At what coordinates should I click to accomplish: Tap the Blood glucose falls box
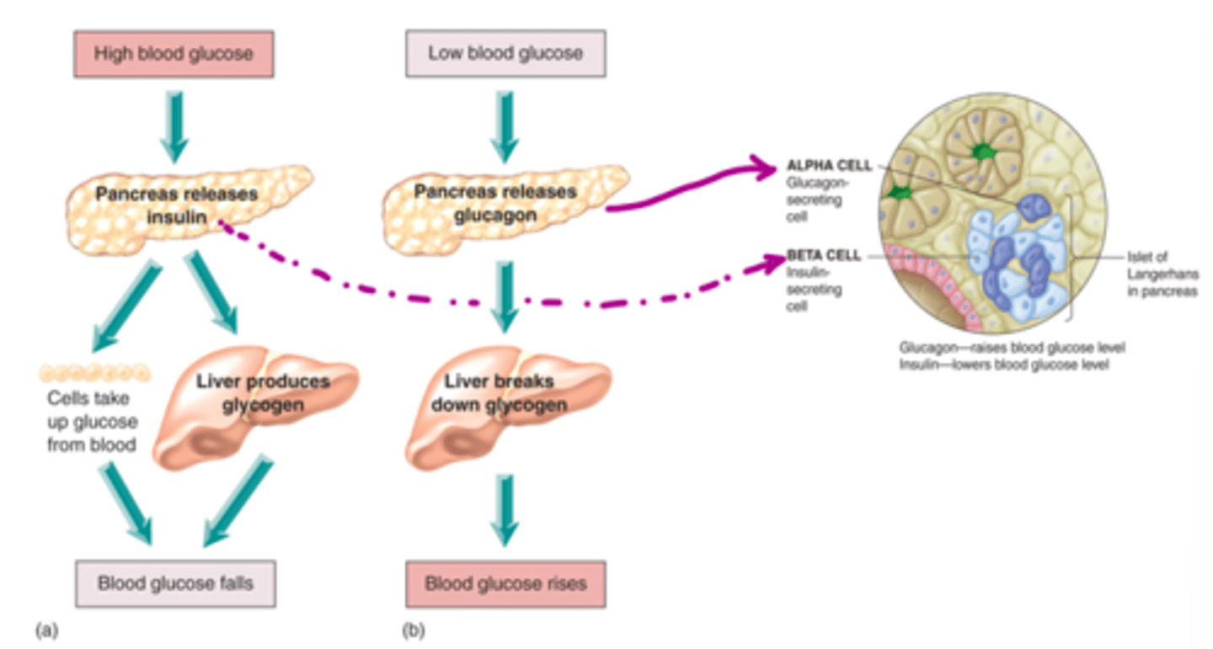pyautogui.click(x=174, y=583)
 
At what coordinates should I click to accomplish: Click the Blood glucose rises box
pyautogui.click(x=505, y=583)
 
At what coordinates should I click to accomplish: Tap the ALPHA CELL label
pyautogui.click(x=829, y=166)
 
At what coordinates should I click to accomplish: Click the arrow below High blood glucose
pyautogui.click(x=174, y=126)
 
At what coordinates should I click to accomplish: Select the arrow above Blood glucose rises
pyautogui.click(x=504, y=509)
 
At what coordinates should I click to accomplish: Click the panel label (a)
pyautogui.click(x=46, y=628)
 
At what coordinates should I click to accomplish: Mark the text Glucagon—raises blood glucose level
pyautogui.click(x=1012, y=348)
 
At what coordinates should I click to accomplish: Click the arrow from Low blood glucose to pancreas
pyautogui.click(x=504, y=126)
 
